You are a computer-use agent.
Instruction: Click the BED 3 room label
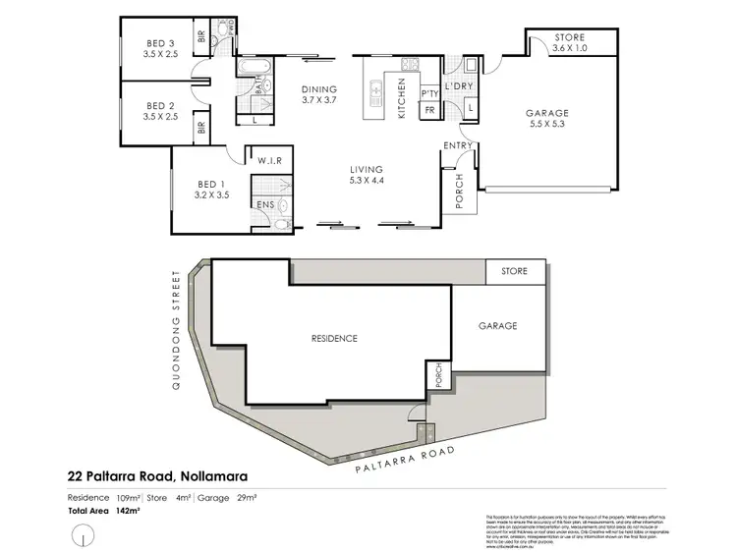click(160, 47)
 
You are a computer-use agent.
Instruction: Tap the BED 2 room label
click(160, 111)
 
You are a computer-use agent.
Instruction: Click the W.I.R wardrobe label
click(269, 160)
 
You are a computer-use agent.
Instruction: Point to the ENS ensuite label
click(264, 204)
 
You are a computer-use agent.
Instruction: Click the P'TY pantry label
click(429, 93)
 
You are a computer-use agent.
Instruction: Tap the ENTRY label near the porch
click(458, 146)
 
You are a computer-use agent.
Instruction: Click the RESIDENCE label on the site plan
click(334, 338)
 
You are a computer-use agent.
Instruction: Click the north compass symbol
click(85, 536)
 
